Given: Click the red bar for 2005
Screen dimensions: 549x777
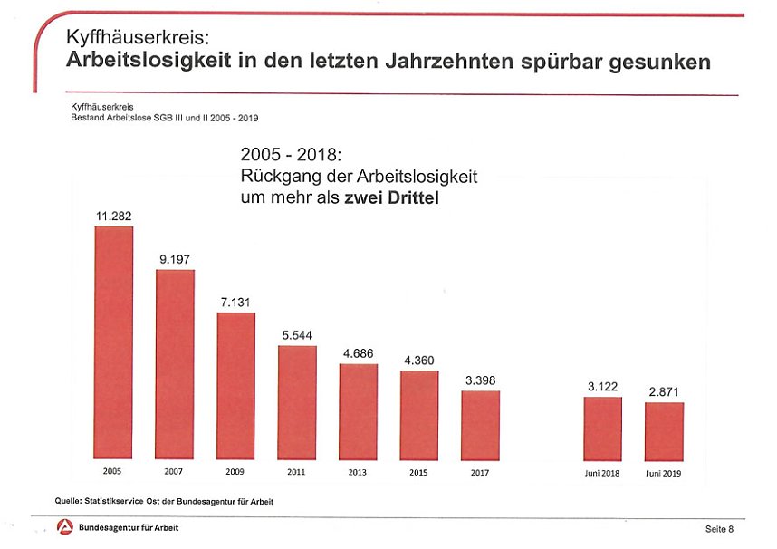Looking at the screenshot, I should pos(114,343).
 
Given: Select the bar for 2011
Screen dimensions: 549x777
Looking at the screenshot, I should pos(297,403).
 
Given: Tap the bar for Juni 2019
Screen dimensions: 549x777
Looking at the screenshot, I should pos(664,431).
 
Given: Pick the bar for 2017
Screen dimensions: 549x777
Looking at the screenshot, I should pos(480,426).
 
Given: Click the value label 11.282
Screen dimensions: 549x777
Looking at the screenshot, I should pos(114,216).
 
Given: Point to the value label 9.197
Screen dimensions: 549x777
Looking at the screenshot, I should pos(175,259).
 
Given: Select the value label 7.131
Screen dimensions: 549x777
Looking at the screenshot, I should pos(235,302).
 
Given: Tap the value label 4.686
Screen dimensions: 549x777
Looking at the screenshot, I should pos(359,352).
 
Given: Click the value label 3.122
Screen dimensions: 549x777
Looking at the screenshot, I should pos(602,387).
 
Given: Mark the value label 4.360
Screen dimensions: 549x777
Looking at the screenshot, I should pos(418,360).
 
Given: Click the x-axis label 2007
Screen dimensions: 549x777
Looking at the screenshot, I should pos(175,473).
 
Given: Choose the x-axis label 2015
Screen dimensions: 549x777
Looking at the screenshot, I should pos(418,473).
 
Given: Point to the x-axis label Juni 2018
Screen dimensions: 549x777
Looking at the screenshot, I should pos(602,473).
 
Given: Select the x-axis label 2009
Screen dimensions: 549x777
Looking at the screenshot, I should pos(235,473).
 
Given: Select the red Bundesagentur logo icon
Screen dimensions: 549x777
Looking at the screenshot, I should pos(64,527).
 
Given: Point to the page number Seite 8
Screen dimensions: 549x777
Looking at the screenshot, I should pos(719,528).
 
